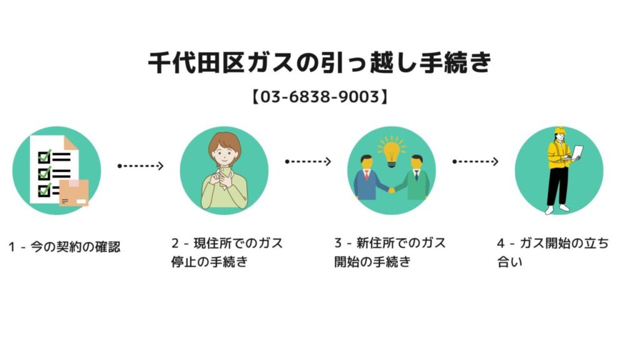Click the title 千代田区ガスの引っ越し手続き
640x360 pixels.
[x=319, y=64]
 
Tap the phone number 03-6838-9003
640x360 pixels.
[x=319, y=97]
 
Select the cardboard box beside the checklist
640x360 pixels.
[x=74, y=193]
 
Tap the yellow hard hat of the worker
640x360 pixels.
[x=559, y=131]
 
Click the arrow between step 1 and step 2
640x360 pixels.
[x=141, y=166]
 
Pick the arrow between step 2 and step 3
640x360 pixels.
[x=308, y=162]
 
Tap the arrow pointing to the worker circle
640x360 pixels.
[x=476, y=162]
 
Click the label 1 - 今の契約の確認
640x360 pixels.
[x=64, y=246]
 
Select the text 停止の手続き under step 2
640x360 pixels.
[x=209, y=261]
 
